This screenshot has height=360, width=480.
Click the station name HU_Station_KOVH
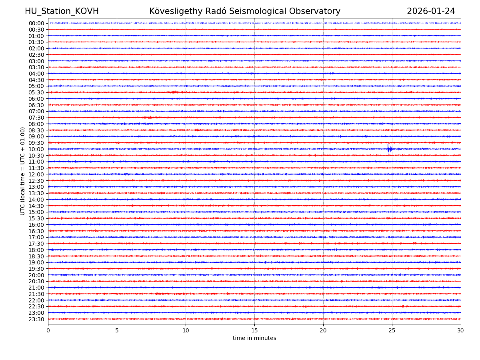click(x=62, y=12)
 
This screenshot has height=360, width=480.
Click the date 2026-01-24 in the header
click(x=431, y=12)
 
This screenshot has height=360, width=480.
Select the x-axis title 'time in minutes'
click(x=254, y=338)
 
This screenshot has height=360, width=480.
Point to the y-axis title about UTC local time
click(x=23, y=171)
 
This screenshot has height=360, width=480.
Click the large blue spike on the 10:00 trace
click(x=388, y=148)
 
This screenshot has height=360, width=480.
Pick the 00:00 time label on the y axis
click(x=36, y=23)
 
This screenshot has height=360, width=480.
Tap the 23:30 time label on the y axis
click(x=36, y=319)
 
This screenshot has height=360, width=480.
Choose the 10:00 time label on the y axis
click(x=36, y=149)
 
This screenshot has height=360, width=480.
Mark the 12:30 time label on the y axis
click(x=36, y=181)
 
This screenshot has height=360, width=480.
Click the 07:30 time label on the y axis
click(x=36, y=118)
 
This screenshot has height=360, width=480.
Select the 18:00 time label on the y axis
click(x=36, y=250)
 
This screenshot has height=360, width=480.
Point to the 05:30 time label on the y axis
click(x=36, y=92)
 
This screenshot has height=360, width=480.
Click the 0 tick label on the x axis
click(x=48, y=331)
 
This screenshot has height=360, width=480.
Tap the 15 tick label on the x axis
click(x=254, y=331)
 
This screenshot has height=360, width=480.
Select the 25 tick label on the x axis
click(x=392, y=331)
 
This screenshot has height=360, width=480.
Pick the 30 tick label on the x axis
click(x=461, y=331)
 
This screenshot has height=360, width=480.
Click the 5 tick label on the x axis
click(x=117, y=331)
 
